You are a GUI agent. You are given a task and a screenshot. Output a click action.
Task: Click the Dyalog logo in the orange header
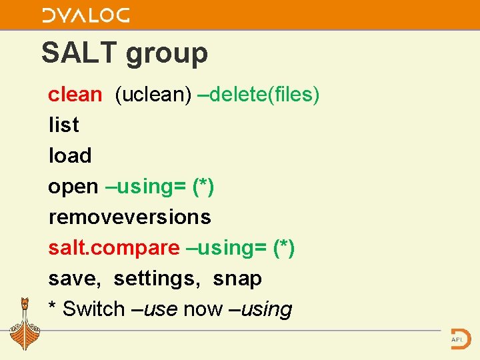pos(86,15)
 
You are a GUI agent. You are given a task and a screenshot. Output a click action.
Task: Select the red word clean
pos(75,95)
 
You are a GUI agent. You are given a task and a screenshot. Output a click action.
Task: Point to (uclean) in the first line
pos(153,95)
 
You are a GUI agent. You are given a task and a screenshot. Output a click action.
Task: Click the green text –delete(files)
pos(259,95)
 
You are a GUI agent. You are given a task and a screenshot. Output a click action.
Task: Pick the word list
pos(63,125)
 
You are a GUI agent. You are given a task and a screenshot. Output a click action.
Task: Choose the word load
pos(69,155)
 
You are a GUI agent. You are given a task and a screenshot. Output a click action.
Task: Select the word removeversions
pos(129,217)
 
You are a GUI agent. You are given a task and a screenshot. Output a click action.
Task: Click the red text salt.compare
pos(113,248)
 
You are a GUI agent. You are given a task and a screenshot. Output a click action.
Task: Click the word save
pos(74,279)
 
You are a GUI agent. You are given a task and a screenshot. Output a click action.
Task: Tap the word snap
pos(237,279)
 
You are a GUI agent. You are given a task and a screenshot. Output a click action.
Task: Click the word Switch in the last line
pos(93,309)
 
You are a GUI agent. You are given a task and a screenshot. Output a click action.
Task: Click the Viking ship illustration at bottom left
pos(25,325)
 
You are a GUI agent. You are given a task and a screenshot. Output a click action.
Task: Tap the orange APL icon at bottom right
pos(459,338)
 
